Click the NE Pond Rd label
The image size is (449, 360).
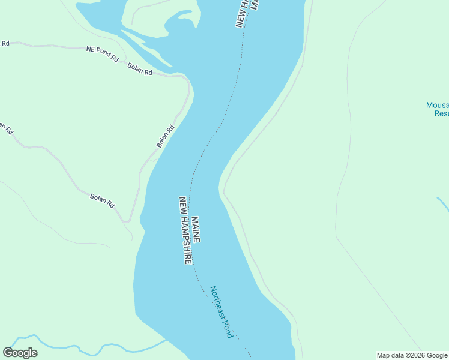[x=102, y=54]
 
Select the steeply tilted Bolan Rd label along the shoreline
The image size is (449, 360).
[x=165, y=136]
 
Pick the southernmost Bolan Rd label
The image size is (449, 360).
[x=102, y=200]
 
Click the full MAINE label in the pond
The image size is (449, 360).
[x=196, y=229]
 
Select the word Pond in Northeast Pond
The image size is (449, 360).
[x=228, y=329]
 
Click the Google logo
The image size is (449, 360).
[x=20, y=353]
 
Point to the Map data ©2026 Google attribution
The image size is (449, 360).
[x=412, y=355]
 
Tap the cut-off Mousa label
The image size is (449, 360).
[x=438, y=106]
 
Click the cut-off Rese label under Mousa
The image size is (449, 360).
[x=441, y=113]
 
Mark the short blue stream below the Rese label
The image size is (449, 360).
[x=443, y=203]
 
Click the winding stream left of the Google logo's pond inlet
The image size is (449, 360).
[x=90, y=347]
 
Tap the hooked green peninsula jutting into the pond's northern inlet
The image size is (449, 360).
[x=180, y=20]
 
